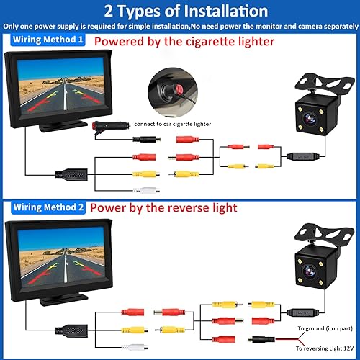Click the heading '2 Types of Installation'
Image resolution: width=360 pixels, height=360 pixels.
(x=180, y=12)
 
